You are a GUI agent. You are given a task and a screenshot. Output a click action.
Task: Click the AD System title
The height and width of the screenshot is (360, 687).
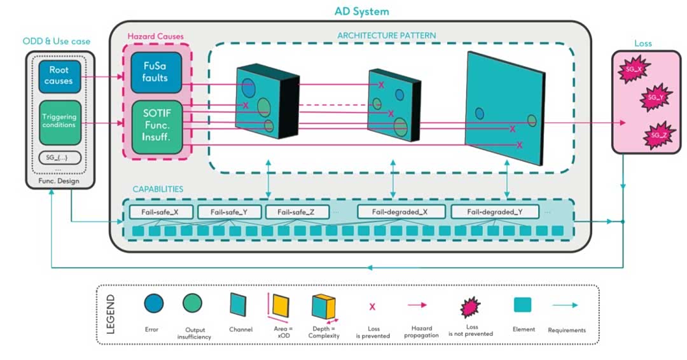coord(361,11)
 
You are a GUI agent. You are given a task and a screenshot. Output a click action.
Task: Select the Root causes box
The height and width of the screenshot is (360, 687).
coord(59,75)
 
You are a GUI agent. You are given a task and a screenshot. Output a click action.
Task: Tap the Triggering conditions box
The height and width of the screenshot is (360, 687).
coord(59,121)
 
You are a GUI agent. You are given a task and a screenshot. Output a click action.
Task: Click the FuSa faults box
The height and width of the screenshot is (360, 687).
coord(156,72)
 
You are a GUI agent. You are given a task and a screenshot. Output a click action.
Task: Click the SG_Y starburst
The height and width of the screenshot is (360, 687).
coord(655,98)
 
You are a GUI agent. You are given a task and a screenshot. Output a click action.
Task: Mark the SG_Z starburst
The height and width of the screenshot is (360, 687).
coord(658,135)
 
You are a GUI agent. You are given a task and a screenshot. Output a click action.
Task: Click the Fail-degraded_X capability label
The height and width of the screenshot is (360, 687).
coord(400,212)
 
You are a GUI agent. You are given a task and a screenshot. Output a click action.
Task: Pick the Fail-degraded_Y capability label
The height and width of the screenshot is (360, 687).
coord(494,212)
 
